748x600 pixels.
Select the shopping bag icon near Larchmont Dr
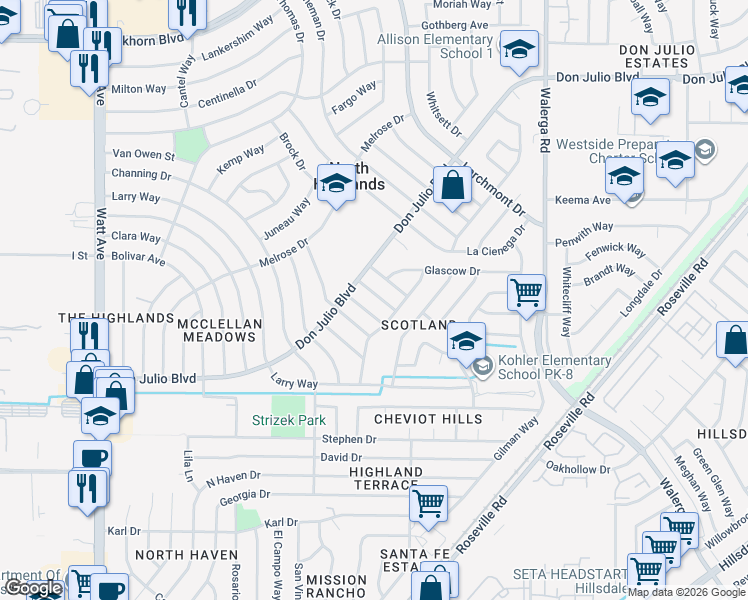[452, 185]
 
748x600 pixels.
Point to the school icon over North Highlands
[337, 184]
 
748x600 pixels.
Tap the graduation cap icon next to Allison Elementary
[519, 50]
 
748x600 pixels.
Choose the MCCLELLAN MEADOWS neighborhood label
[219, 330]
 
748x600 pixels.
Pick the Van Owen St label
[143, 155]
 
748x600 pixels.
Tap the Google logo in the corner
[33, 589]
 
